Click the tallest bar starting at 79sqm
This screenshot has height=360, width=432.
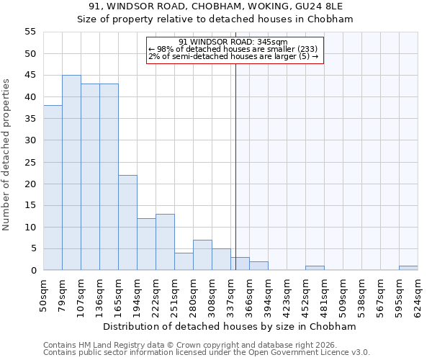pos(71,173)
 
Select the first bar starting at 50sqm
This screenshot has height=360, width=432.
pos(53,188)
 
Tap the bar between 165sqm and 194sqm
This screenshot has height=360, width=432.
pos(127,222)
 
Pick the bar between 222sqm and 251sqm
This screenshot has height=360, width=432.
pos(165,242)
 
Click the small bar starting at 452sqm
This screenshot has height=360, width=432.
pos(315,268)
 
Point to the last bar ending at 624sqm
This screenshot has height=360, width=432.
pos(408,268)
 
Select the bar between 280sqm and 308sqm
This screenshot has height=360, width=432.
pos(202,255)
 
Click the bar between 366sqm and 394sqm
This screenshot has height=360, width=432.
pos(258,266)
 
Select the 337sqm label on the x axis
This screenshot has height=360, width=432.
pos(230,295)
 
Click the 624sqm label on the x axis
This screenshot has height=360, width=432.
pos(418,295)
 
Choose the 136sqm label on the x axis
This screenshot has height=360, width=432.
pos(99,295)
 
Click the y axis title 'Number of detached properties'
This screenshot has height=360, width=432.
pos(6,155)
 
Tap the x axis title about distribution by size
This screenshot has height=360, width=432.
pos(230,326)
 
